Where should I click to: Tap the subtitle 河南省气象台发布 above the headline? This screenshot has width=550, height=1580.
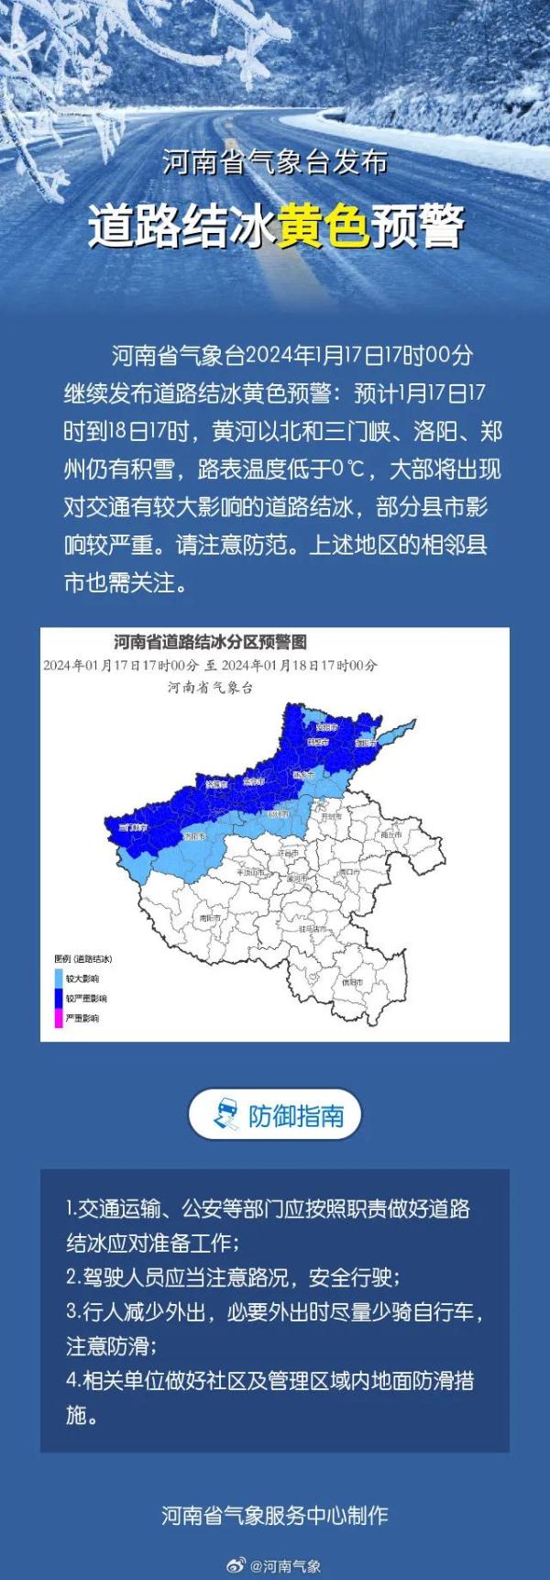click(x=275, y=163)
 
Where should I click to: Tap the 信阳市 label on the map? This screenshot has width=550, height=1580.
click(x=351, y=981)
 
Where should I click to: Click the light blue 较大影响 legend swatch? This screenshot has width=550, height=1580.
click(x=59, y=978)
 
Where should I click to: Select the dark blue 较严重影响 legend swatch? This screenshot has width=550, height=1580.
click(x=59, y=998)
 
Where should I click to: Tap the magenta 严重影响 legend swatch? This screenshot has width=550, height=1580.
click(x=59, y=1018)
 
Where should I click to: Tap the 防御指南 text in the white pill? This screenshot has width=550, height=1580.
click(x=295, y=1115)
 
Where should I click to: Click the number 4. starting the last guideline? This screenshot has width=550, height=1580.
click(x=72, y=1380)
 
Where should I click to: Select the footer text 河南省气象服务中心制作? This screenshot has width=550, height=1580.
click(x=275, y=1515)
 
